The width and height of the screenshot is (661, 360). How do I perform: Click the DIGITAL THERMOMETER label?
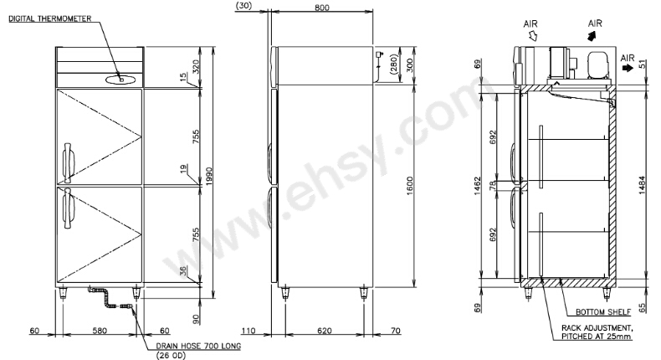(x=50, y=18)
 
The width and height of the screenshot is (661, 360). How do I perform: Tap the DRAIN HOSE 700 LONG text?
(x=198, y=346)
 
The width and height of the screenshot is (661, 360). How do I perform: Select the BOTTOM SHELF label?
(x=603, y=312)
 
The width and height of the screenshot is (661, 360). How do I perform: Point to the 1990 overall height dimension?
(x=209, y=177)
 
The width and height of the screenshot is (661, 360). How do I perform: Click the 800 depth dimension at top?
(x=322, y=8)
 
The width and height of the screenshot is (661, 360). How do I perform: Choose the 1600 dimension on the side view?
(x=410, y=186)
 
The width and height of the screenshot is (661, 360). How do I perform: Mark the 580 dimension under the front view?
(x=100, y=331)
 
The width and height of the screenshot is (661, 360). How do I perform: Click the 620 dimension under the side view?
(x=324, y=331)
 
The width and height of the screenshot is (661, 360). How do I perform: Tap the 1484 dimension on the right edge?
(x=642, y=185)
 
